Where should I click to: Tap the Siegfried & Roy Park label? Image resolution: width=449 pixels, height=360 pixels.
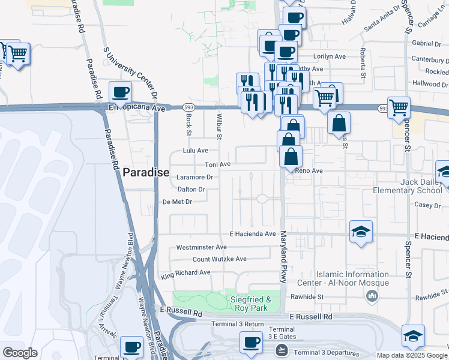point(252,304)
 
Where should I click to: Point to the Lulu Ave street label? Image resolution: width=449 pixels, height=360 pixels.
point(196,151)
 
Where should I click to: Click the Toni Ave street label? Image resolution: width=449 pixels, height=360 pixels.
point(218,164)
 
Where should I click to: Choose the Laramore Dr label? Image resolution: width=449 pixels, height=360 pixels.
point(195,178)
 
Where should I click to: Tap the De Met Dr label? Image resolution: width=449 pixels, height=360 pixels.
point(177,202)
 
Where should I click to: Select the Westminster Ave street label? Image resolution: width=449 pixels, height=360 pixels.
point(201,247)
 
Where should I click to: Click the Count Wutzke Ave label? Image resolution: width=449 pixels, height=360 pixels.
point(219,259)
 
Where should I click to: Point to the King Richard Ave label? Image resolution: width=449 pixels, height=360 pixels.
point(185,272)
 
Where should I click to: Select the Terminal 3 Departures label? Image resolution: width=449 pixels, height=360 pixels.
point(327,353)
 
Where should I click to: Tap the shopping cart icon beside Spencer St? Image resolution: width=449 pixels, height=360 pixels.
point(399,108)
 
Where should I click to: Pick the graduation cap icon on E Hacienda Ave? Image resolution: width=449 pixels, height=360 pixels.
point(361,232)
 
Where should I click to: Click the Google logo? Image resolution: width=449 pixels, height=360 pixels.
point(20,353)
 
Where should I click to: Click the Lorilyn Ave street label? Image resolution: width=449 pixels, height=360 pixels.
point(330,56)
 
